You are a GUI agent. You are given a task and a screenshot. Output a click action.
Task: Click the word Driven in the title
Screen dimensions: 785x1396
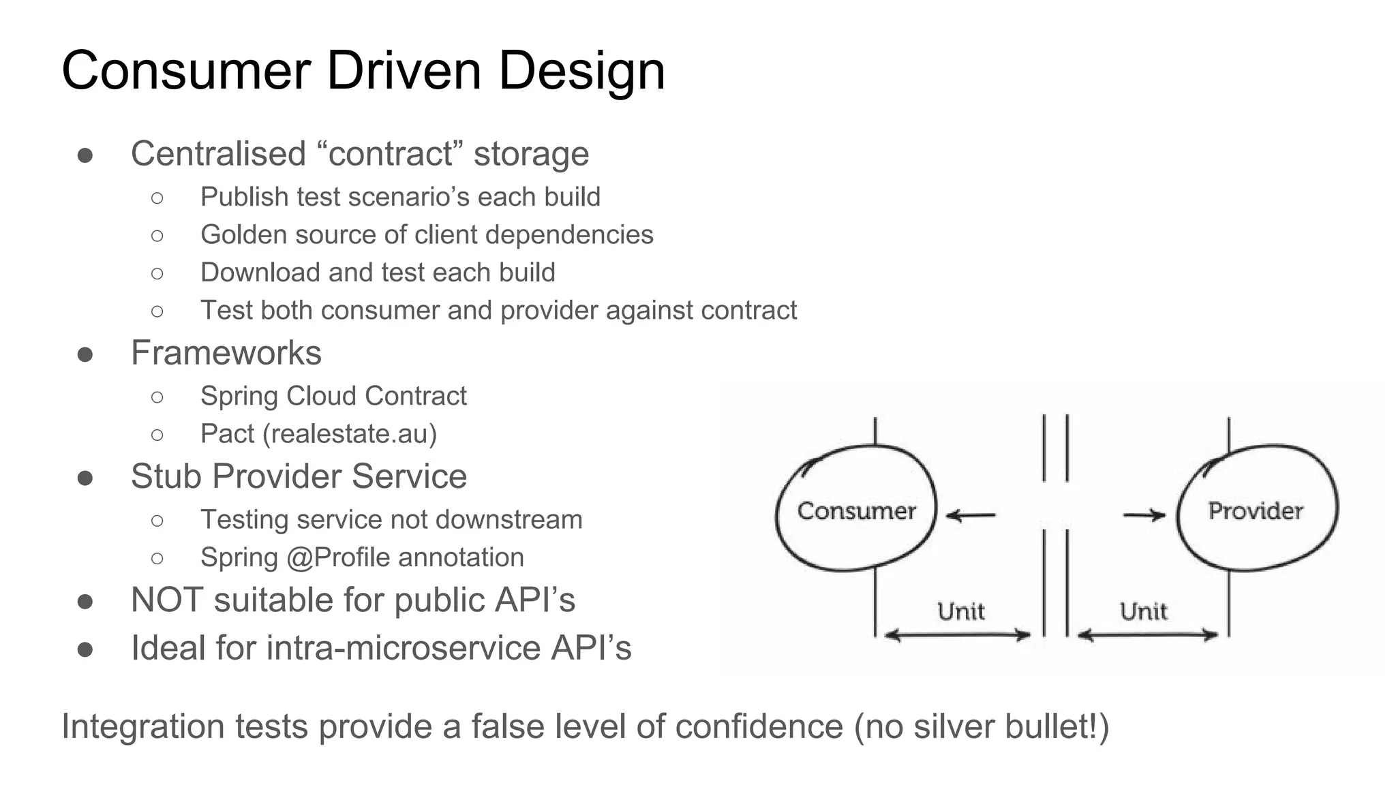[x=404, y=71]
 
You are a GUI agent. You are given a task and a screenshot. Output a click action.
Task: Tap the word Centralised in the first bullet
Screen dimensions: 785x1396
[x=218, y=154]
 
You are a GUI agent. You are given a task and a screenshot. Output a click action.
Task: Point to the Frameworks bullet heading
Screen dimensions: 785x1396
[x=226, y=353]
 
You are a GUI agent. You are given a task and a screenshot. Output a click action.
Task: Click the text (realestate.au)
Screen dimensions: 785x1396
[x=350, y=434]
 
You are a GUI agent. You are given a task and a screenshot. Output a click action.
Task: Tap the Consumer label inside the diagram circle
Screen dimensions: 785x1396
[x=856, y=511]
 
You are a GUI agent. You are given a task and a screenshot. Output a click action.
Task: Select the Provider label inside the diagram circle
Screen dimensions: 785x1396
[x=1255, y=511]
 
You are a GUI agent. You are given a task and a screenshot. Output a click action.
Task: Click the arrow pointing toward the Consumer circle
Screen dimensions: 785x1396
[x=971, y=515]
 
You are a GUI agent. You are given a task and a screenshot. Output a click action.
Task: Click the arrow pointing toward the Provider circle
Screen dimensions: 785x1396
[x=1144, y=515]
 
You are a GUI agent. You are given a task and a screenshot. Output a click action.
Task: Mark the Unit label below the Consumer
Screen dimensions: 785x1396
[x=960, y=611]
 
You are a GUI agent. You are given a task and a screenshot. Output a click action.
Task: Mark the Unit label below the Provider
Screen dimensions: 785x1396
[x=1143, y=611]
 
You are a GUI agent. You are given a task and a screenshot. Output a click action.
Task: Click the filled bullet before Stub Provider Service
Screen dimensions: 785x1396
[x=85, y=478]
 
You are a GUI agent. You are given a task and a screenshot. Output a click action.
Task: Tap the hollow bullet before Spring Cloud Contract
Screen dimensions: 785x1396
[x=157, y=397]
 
